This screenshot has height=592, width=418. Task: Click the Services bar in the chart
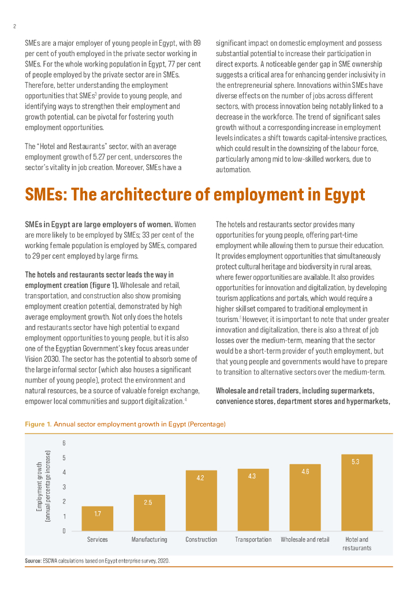[x=97, y=519]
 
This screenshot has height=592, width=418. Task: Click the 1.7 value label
[x=98, y=513]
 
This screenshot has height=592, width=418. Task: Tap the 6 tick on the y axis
[x=64, y=443]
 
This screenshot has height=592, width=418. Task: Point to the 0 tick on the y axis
[x=64, y=531]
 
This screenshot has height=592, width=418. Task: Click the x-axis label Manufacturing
[x=149, y=539]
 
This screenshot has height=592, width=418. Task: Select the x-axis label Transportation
[x=253, y=539]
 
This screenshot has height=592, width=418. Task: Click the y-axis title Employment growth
[x=39, y=487]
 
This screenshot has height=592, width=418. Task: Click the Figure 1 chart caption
[x=125, y=424]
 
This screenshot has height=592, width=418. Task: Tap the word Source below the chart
[x=32, y=561]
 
